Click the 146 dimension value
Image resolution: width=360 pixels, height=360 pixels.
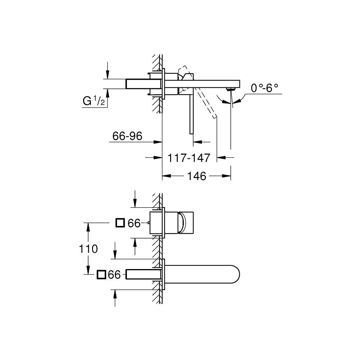(197, 176)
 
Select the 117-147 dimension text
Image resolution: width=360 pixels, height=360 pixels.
(189, 158)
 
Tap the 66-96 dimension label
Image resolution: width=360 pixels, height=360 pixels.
(127, 136)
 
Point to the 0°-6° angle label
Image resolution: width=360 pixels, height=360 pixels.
(265, 88)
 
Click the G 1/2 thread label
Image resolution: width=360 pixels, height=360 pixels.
(94, 101)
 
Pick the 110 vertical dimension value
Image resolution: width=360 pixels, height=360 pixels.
(88, 249)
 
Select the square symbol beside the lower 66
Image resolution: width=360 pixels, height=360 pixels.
(101, 274)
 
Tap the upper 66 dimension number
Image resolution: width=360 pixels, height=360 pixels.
(134, 223)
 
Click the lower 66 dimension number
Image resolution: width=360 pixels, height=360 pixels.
(114, 275)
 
